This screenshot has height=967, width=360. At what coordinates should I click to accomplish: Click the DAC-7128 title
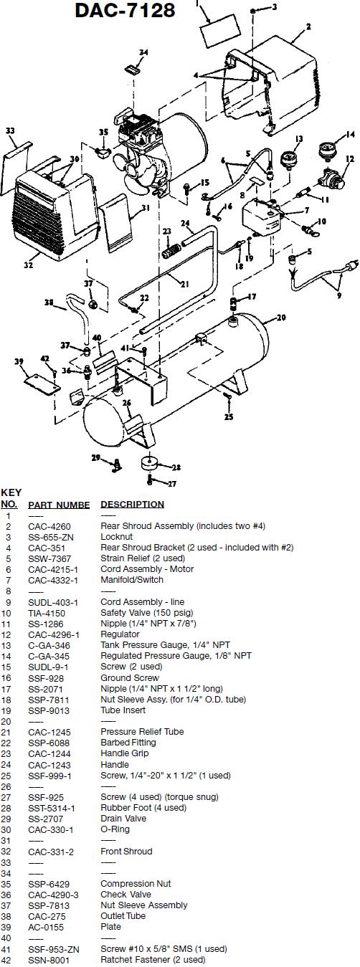125,10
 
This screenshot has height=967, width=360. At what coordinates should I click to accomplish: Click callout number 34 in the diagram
143,52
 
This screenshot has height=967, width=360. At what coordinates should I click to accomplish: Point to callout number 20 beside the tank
281,318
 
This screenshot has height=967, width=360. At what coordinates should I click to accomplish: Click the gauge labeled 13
289,161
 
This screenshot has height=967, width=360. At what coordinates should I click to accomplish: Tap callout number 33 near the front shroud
10,130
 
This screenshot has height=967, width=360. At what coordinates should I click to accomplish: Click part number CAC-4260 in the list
49,527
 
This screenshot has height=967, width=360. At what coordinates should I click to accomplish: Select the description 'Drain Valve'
123,819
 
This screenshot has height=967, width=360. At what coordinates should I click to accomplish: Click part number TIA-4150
47,614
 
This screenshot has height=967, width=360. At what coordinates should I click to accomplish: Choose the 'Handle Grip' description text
124,753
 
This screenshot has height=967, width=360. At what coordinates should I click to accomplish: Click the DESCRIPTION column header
132,504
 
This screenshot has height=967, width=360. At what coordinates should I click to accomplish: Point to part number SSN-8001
48,960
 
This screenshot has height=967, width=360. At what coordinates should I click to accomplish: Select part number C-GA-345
49,657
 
